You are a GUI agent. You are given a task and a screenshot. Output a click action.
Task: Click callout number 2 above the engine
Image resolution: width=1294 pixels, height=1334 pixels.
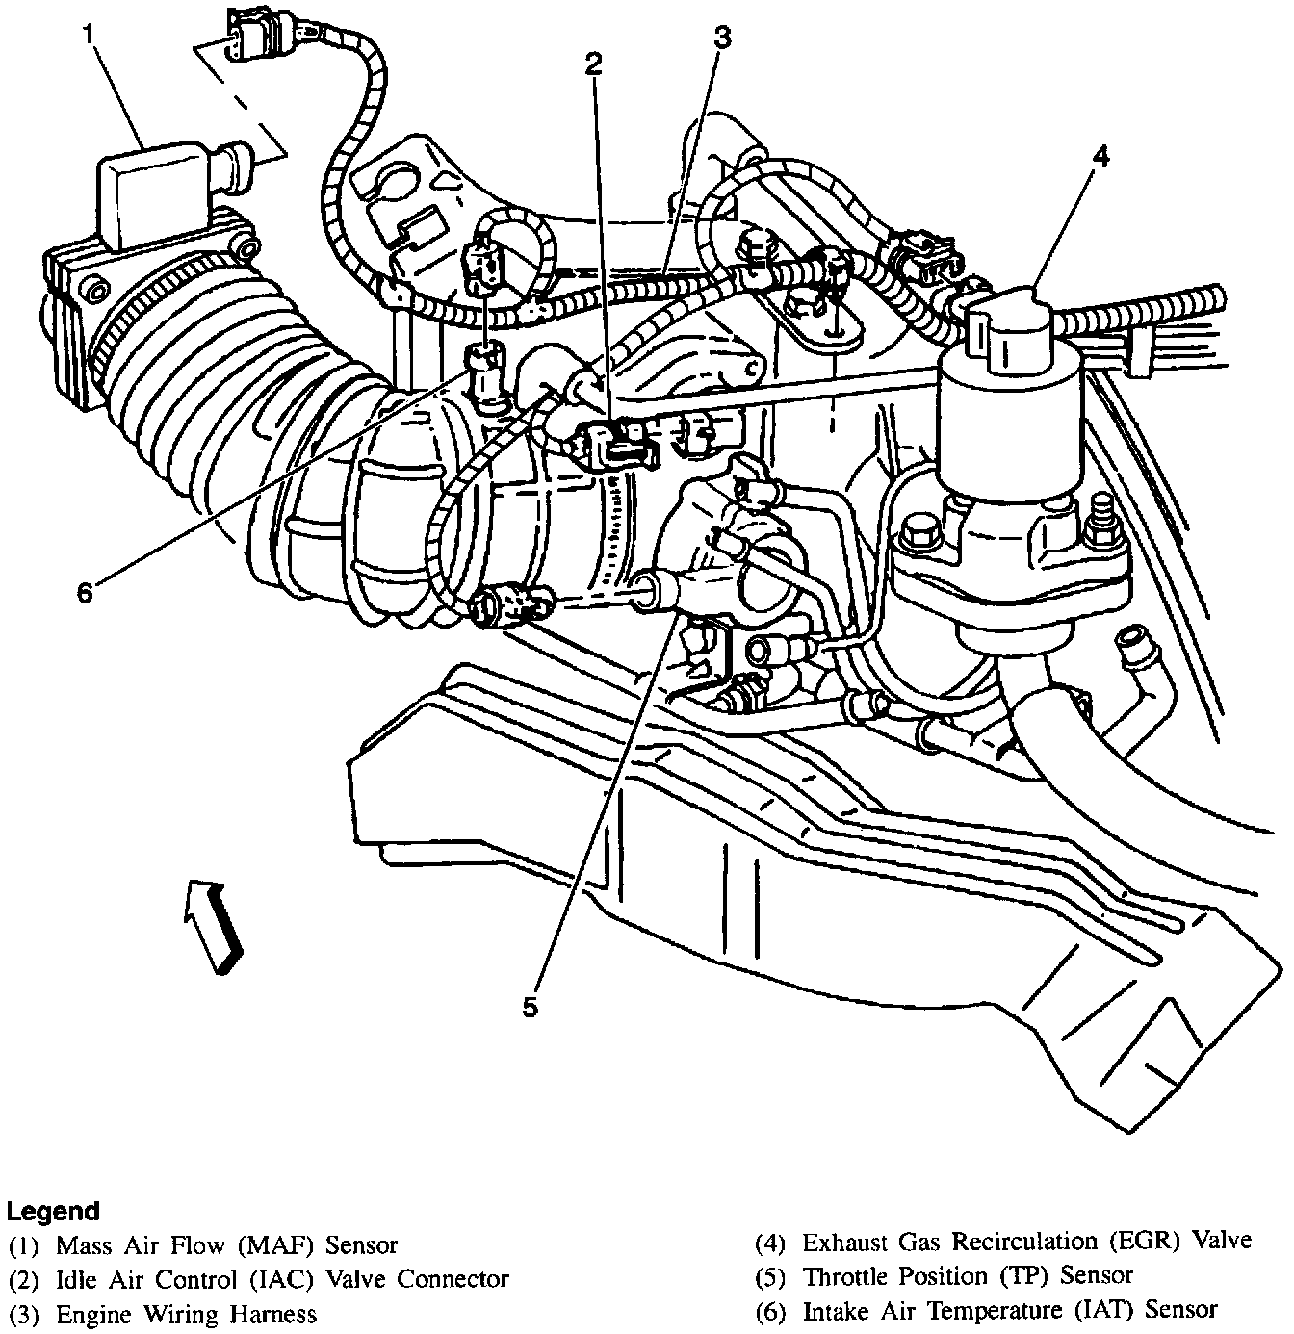click(594, 63)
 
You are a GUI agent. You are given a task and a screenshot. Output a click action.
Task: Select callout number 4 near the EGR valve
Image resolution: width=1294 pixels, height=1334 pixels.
click(1100, 155)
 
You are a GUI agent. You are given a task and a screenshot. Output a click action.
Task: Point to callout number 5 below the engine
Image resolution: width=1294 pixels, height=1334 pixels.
click(530, 1007)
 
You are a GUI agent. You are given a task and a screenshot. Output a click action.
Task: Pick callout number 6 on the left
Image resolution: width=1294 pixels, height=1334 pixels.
click(85, 593)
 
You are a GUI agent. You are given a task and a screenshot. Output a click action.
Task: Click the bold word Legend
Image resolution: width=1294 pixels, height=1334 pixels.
click(53, 1210)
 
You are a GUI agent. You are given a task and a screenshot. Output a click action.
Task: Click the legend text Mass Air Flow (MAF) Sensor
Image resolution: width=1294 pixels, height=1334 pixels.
click(226, 1245)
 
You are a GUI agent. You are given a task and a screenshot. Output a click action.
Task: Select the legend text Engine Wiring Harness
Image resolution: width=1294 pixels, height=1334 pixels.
click(186, 1314)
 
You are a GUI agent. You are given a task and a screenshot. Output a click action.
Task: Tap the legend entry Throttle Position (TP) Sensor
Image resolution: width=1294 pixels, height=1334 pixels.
click(968, 1276)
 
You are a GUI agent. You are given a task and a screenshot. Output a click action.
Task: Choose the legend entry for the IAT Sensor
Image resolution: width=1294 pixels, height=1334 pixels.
click(1010, 1310)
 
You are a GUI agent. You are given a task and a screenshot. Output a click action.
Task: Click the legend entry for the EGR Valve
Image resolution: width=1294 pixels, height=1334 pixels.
click(1026, 1242)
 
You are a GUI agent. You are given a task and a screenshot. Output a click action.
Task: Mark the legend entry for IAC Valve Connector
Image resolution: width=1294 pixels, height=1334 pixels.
click(281, 1279)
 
